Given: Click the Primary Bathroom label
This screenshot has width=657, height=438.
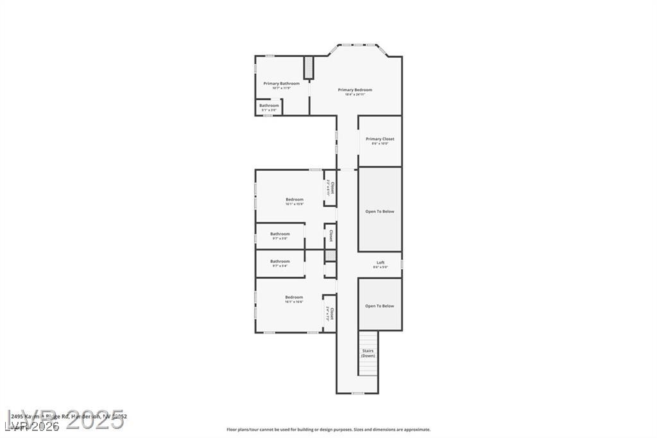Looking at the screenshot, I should [x=281, y=83].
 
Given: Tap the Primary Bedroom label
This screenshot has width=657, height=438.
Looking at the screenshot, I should [x=355, y=90].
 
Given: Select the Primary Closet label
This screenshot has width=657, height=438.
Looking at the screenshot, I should [x=380, y=139].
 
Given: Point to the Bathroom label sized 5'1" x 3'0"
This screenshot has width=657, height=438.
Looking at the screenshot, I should [x=269, y=105].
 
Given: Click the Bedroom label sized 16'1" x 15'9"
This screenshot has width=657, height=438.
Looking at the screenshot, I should [x=294, y=200].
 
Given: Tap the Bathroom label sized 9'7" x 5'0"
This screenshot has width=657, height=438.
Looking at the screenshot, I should [x=280, y=234].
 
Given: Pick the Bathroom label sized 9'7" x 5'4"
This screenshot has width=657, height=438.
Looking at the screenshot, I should [x=280, y=261].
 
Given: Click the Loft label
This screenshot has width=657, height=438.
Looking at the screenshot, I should [x=380, y=262].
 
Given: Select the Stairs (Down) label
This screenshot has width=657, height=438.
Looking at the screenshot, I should [x=368, y=353].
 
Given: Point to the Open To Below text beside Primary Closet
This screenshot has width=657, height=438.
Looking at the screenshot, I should [x=380, y=211].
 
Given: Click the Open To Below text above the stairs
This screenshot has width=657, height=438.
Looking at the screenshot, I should [x=380, y=306].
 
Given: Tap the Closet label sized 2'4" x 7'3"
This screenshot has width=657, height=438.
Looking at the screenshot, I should [x=330, y=313].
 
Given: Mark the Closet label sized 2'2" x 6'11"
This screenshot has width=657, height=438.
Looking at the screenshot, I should [x=330, y=188].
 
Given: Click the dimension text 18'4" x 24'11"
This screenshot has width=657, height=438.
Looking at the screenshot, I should [x=355, y=94].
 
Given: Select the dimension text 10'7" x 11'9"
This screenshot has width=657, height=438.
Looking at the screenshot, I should [x=281, y=88].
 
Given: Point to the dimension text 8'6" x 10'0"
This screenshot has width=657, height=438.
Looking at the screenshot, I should [x=380, y=143].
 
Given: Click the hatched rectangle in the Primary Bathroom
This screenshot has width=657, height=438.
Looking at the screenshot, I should [x=308, y=67].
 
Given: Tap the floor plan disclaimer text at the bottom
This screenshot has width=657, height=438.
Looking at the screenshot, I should [x=328, y=430].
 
